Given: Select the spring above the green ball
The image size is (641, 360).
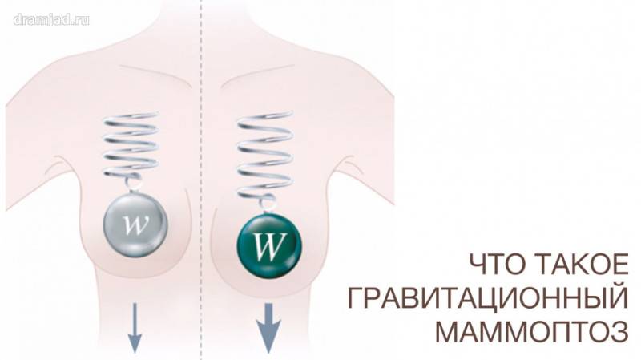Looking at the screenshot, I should point(260,156).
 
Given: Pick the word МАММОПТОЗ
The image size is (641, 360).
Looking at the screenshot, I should point(529,331).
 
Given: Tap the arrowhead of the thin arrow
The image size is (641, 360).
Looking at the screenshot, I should point(135,344).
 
